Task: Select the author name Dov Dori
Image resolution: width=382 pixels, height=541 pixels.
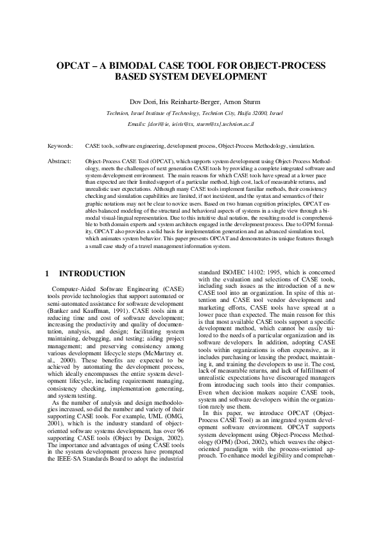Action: [x=143, y=101]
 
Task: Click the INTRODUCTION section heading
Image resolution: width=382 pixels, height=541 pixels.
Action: [x=97, y=274]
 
